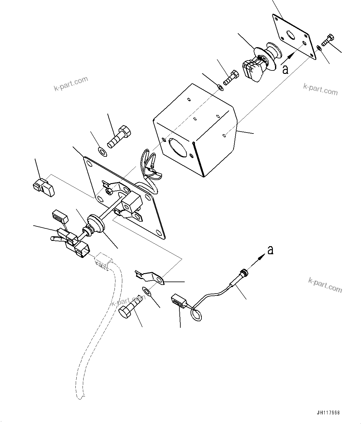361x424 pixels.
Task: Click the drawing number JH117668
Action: [328, 413]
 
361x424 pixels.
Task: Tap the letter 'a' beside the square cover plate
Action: [285, 70]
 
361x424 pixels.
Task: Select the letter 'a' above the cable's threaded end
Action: [270, 250]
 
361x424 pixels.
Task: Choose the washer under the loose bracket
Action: [146, 291]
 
